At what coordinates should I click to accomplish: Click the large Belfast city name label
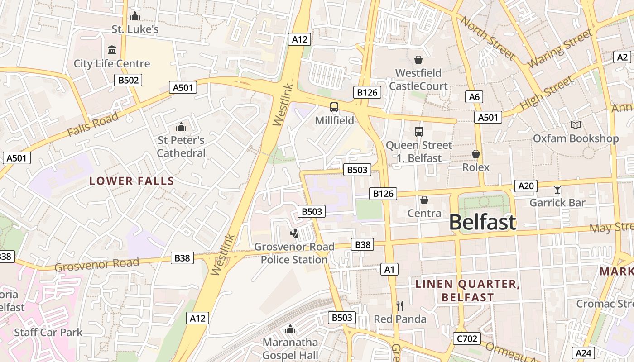(x=482, y=222)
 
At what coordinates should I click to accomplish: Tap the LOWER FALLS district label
(x=132, y=181)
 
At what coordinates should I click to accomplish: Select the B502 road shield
(x=128, y=81)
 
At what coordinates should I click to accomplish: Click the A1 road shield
(x=389, y=270)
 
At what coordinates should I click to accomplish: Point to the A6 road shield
(x=474, y=96)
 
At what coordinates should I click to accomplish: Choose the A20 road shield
(x=526, y=186)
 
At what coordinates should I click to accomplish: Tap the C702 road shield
(x=466, y=338)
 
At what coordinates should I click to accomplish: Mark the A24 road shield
(x=583, y=353)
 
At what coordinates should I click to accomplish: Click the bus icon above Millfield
(x=334, y=107)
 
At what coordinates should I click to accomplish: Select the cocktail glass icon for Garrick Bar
(x=557, y=190)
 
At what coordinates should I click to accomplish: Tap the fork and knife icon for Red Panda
(x=400, y=306)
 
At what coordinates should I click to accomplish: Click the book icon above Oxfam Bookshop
(x=575, y=125)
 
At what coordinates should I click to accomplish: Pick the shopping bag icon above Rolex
(x=475, y=154)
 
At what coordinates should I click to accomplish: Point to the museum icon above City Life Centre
(x=112, y=50)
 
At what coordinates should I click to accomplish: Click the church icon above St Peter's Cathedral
(x=181, y=127)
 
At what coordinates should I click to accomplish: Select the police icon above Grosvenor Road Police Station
(x=294, y=233)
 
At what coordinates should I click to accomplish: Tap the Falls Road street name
(x=93, y=124)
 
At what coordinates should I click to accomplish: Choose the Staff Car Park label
(x=48, y=333)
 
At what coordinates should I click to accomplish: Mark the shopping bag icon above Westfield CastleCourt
(x=418, y=60)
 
